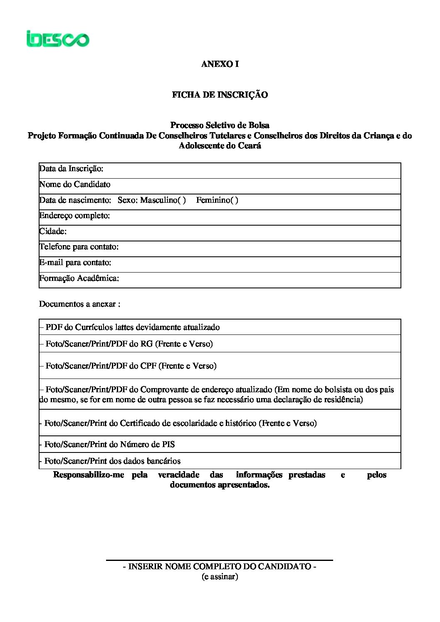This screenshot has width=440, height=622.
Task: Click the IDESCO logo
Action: click(x=58, y=39)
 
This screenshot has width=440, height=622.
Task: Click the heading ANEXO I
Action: click(x=220, y=64)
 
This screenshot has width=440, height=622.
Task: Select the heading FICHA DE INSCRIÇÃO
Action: click(x=220, y=95)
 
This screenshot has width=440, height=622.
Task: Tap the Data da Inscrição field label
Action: click(x=71, y=169)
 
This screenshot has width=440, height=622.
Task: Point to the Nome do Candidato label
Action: click(x=75, y=184)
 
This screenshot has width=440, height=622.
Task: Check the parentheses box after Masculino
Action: click(x=182, y=200)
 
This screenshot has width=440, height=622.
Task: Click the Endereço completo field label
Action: click(x=74, y=216)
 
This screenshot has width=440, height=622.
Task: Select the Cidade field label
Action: click(x=53, y=231)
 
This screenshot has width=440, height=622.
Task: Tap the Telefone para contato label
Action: click(x=79, y=247)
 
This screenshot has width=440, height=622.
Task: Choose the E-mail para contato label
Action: click(x=75, y=263)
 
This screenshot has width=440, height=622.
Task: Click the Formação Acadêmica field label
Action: click(x=79, y=278)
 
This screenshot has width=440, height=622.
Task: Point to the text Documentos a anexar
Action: click(x=79, y=304)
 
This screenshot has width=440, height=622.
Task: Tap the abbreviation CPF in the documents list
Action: click(x=148, y=366)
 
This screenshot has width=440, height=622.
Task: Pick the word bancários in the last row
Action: click(x=162, y=461)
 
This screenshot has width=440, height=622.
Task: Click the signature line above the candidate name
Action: click(x=220, y=560)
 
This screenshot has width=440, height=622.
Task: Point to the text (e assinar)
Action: click(x=220, y=577)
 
